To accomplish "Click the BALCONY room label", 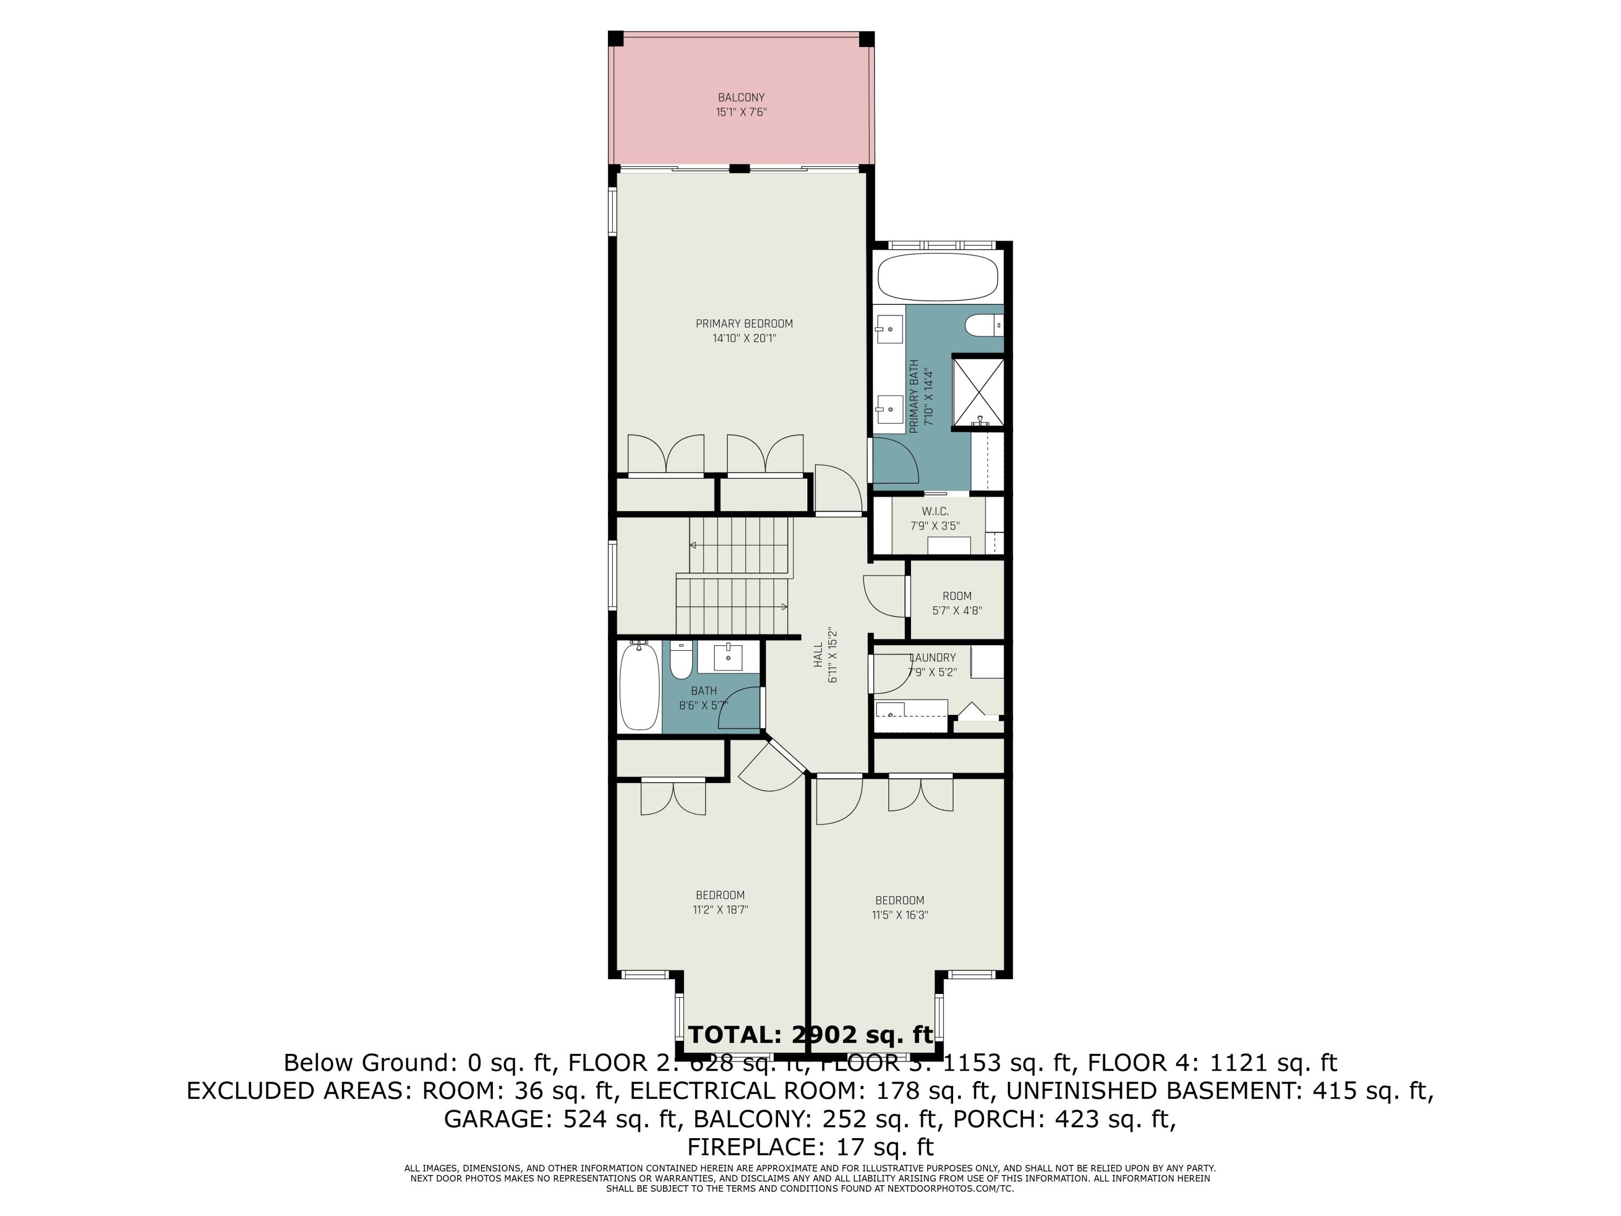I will [741, 97].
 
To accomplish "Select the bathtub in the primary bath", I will [937, 277].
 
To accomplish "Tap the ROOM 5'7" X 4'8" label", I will [956, 603].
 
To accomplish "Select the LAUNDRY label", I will [932, 658].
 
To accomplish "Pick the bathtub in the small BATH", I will [639, 686].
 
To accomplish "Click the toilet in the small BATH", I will [680, 660].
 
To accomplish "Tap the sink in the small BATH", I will [728, 658].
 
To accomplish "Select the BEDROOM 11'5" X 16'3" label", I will [900, 907].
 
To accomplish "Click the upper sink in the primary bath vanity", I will [889, 329].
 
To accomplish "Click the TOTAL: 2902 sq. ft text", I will [810, 1035].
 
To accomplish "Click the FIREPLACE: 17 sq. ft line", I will [810, 1146].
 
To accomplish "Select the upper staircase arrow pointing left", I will [693, 545].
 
